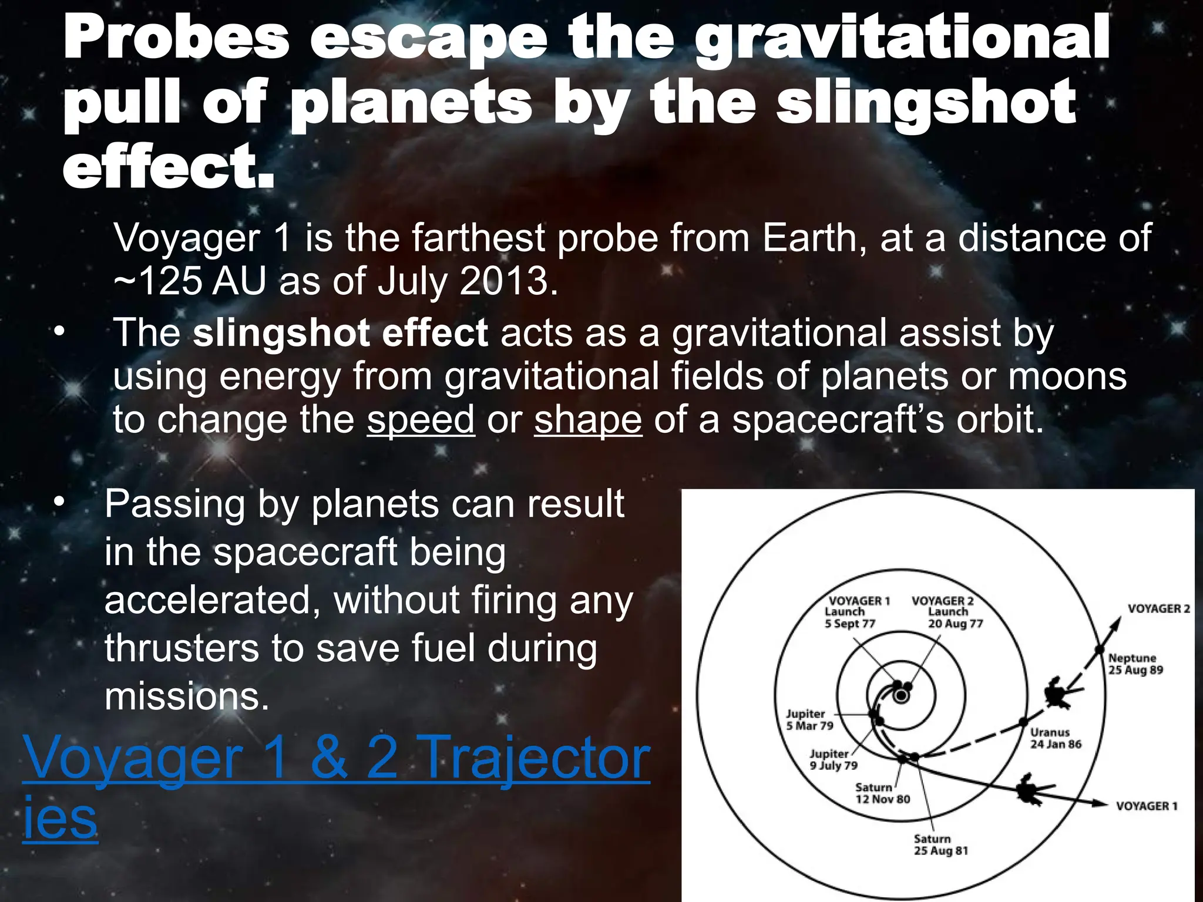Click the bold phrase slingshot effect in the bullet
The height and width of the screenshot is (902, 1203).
tap(340, 333)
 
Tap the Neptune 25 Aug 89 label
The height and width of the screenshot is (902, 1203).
tap(1135, 664)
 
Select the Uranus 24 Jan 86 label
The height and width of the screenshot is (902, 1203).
tap(1055, 738)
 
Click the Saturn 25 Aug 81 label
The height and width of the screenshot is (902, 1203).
tap(940, 844)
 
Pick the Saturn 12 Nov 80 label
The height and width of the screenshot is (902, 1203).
tap(882, 793)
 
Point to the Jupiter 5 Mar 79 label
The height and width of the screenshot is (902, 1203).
tap(809, 719)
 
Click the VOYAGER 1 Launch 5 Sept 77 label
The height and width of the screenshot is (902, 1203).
tap(858, 612)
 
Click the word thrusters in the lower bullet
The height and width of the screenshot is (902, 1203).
tap(181, 648)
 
